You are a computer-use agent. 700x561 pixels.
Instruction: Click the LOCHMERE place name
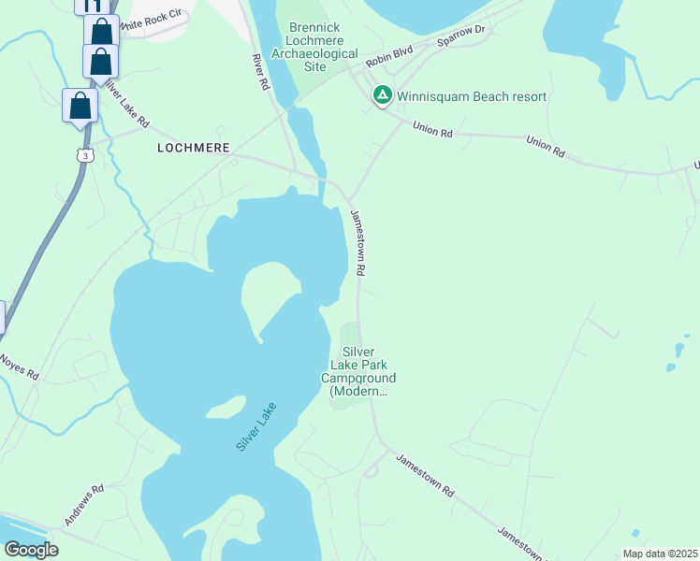(192, 148)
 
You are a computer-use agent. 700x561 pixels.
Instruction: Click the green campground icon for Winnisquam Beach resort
(382, 95)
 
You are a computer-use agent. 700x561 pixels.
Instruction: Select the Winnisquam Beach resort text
(472, 96)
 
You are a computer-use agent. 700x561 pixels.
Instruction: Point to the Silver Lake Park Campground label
(358, 371)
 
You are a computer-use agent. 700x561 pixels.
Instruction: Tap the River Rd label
(261, 70)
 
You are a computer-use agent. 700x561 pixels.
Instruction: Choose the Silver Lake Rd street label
(125, 103)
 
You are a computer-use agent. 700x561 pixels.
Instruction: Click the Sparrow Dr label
(462, 36)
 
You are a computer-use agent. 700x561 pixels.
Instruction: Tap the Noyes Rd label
(19, 366)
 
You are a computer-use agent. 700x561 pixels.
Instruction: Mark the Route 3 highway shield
(84, 156)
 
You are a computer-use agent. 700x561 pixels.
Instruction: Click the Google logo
(31, 549)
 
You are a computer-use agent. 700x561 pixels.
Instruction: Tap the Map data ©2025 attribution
(660, 553)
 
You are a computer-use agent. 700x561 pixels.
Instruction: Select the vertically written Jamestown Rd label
(357, 241)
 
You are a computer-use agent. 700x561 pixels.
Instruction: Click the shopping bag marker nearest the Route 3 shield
(80, 106)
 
